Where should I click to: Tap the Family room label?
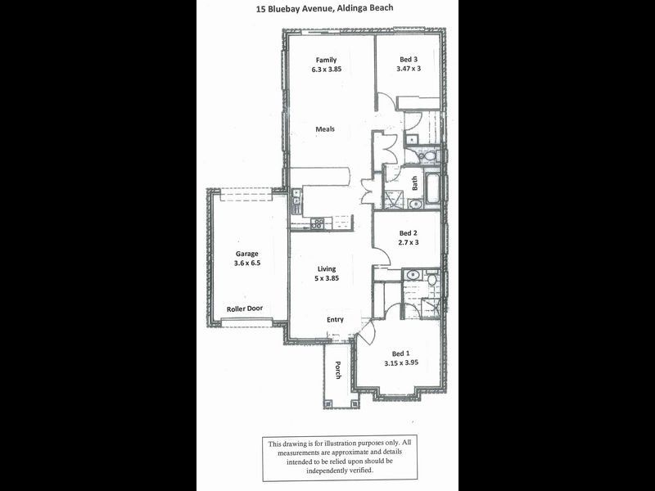[x=327, y=60]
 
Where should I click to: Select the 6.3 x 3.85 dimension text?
[x=327, y=70]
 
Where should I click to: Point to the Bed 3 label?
[x=409, y=60]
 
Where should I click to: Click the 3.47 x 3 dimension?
[x=409, y=70]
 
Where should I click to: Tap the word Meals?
[x=325, y=128]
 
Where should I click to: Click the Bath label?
[x=415, y=183]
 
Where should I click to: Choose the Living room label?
[x=327, y=268]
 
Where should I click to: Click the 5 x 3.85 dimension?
[x=327, y=278]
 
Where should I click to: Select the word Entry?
[x=335, y=319]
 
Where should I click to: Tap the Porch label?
[x=337, y=371]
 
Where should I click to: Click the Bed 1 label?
[x=401, y=353]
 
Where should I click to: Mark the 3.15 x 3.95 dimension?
[x=401, y=363]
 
